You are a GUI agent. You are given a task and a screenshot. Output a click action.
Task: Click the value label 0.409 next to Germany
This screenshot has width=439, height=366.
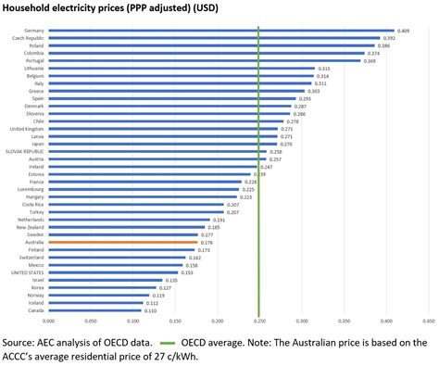point(403,31)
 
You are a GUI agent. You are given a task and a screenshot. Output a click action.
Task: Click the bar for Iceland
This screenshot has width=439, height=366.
point(96,302)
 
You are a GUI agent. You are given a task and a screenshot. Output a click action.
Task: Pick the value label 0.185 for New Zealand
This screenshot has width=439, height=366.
point(212,227)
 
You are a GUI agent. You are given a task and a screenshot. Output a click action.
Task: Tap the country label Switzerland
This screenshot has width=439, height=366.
point(33,257)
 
